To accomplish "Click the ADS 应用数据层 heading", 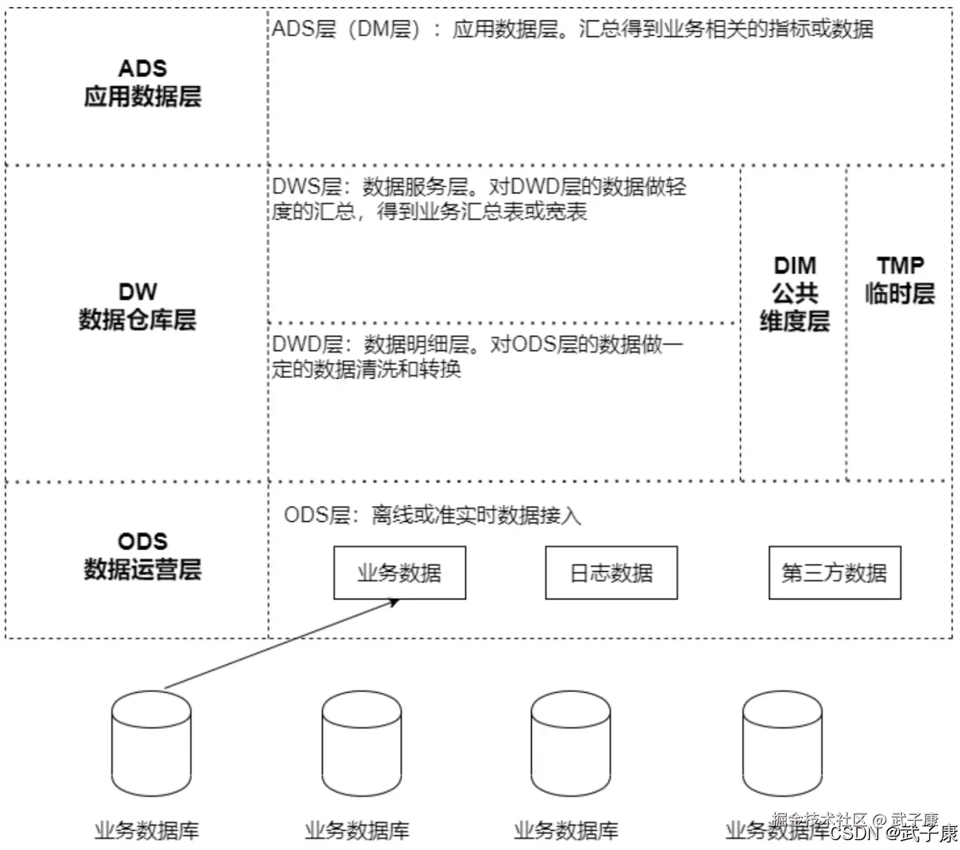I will coord(143,83).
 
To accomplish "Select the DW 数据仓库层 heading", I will coord(138,306).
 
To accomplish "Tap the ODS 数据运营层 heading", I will coord(143,555).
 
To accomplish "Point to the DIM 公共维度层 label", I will coord(795,293).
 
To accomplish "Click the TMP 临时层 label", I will coord(900,279).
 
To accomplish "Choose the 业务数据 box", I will coord(399,572).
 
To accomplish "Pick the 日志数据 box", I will coord(611,572).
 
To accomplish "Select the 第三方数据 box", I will coord(835,572).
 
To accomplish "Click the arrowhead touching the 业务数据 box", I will coord(394,602).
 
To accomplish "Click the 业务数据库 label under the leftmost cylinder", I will coord(147,830).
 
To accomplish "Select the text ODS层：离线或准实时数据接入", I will coord(432,515).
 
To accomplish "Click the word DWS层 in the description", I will coord(307,187).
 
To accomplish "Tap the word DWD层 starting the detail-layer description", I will coord(308,344).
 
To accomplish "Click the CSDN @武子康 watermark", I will coord(893,833).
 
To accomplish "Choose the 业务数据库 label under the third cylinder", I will coord(566,830).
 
